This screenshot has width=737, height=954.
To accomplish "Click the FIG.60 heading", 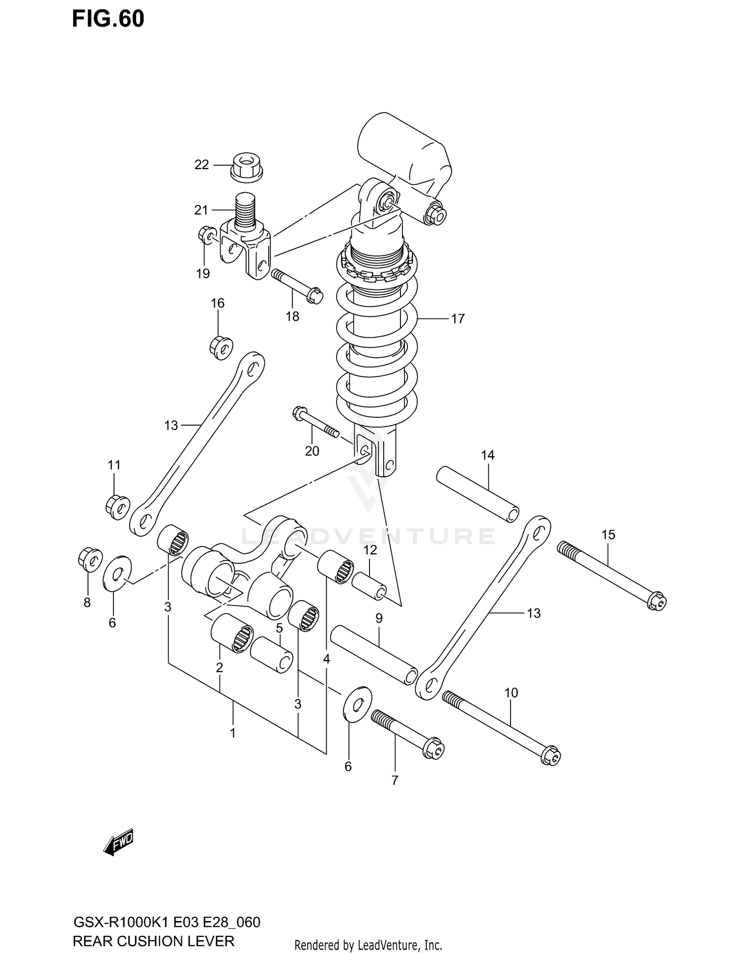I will tap(108, 19).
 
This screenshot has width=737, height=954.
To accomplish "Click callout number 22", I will tap(201, 165).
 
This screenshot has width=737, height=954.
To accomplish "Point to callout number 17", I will tap(457, 319).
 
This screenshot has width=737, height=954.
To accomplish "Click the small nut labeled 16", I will tap(221, 348).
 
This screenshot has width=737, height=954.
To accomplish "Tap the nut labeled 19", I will tap(206, 235).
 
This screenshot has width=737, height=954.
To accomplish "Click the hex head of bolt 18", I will tap(314, 295).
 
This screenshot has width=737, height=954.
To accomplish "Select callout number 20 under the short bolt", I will tap(312, 451).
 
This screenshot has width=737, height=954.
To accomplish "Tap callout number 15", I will tap(608, 534).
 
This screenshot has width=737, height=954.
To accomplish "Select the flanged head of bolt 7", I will tap(433, 748).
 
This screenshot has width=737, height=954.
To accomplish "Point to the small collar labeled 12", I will tap(369, 585).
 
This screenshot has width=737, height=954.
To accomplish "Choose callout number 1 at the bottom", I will tap(232, 733).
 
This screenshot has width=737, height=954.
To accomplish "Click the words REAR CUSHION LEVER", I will tap(153, 941).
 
